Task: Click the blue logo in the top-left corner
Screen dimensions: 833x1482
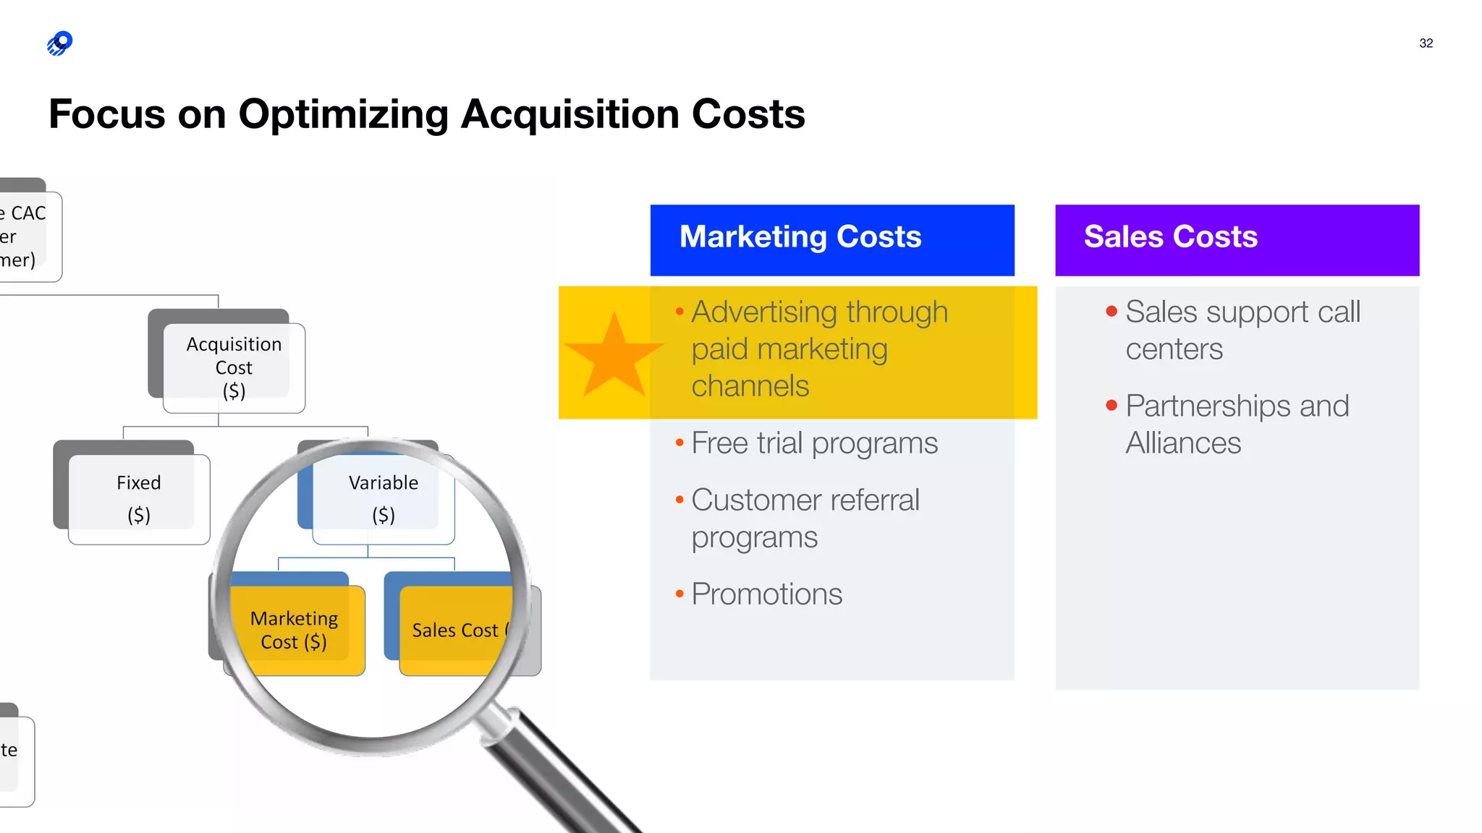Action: coord(60,43)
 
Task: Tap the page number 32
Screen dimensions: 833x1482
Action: coord(1426,43)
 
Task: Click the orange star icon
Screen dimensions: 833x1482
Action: coord(614,356)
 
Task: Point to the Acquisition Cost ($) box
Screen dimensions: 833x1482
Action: coord(234,367)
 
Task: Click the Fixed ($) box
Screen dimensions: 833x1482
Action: coord(139,498)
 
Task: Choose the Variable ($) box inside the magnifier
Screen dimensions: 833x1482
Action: coord(384,498)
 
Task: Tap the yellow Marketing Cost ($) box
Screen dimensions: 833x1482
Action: coord(295,630)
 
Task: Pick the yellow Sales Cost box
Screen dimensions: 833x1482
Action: coord(456,631)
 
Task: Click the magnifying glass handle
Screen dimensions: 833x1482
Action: coord(557,774)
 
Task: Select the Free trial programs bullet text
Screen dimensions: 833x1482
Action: coord(814,443)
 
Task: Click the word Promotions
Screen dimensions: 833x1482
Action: coord(766,594)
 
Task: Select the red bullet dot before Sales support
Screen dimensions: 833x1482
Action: coord(1111,312)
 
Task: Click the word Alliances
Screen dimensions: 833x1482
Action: coord(1183,443)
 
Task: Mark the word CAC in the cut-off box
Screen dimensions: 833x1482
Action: coord(28,213)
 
